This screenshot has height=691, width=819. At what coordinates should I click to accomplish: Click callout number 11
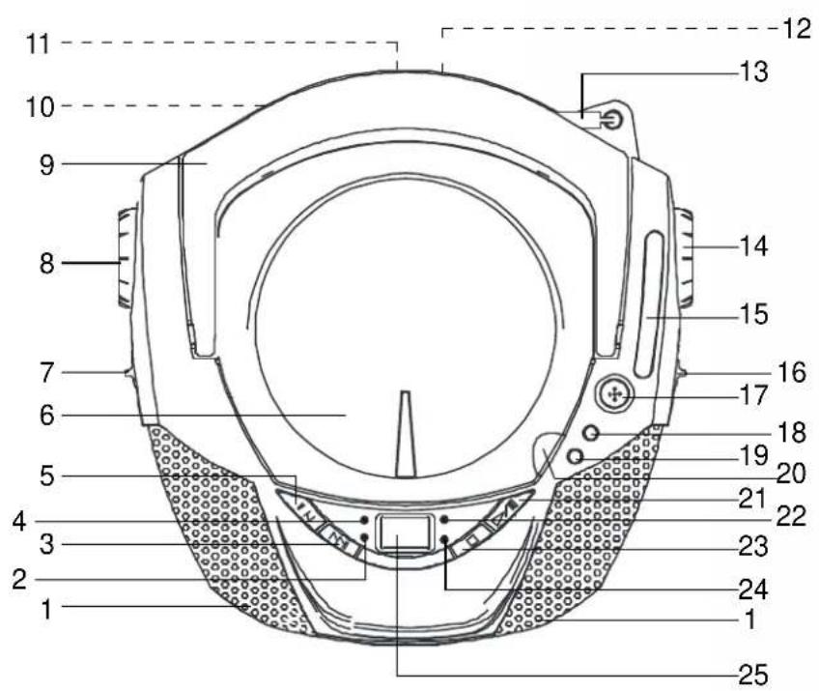(38, 43)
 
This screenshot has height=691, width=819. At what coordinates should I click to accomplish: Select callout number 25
(753, 675)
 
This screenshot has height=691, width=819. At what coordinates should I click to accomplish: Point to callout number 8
(47, 264)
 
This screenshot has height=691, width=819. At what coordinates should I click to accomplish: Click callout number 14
(753, 246)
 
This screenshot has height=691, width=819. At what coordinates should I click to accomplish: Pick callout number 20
(791, 474)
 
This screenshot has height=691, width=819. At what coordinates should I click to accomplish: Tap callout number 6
(47, 417)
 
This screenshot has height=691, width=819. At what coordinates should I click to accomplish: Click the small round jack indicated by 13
(611, 121)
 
